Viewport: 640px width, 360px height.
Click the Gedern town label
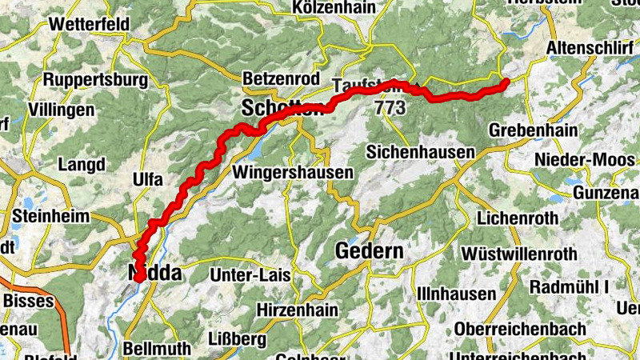pyautogui.click(x=369, y=251)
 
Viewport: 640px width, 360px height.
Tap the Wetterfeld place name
pyautogui.click(x=90, y=24)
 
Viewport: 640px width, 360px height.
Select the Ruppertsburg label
pyautogui.click(x=96, y=80)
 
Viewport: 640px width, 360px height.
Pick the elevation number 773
pyautogui.click(x=390, y=106)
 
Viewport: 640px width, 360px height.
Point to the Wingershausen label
pyautogui.click(x=293, y=172)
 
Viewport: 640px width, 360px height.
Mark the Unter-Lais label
pyautogui.click(x=250, y=276)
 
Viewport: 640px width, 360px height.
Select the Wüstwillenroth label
pyautogui.click(x=519, y=254)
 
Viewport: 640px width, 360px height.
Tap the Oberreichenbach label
pyautogui.click(x=520, y=329)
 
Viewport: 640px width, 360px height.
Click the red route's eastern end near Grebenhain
pyautogui.click(x=506, y=82)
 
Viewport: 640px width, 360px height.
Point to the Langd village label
pyautogui.click(x=82, y=166)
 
